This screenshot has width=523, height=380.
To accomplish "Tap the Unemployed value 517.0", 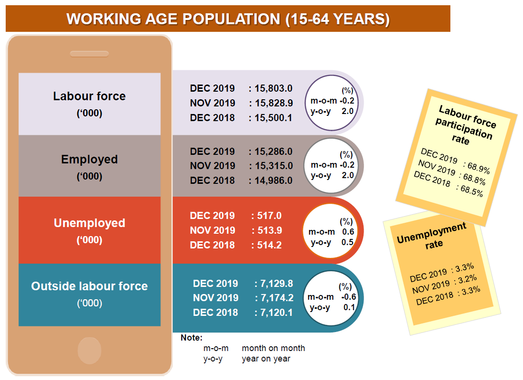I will click(269, 216).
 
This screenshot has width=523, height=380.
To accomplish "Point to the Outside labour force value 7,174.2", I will click(276, 298).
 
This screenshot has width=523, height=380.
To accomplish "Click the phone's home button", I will click(90, 351).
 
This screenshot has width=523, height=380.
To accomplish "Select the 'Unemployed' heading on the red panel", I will click(89, 223).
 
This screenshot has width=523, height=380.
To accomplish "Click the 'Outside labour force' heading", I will click(89, 286).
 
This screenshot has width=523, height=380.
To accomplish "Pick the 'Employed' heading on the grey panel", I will click(89, 159).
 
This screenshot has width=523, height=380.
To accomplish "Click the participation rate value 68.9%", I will click(478, 170).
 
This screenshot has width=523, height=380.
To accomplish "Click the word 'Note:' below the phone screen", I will click(191, 338).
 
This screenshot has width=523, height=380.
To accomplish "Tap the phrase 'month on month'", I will click(273, 348).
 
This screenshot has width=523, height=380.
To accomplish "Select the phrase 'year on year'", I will click(266, 359).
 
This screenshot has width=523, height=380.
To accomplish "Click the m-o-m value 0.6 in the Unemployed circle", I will click(348, 232).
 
